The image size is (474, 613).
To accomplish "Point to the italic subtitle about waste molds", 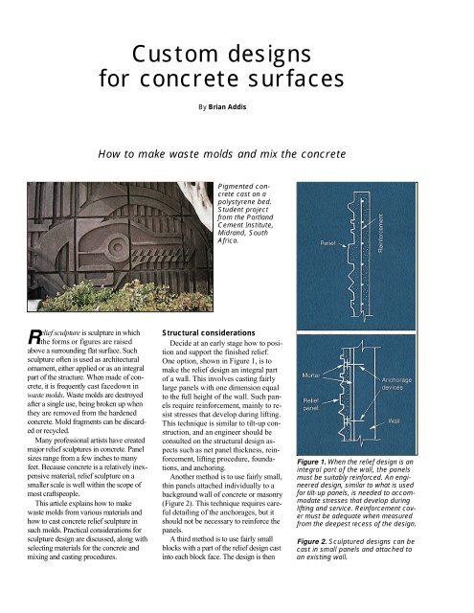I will coord(237,152).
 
